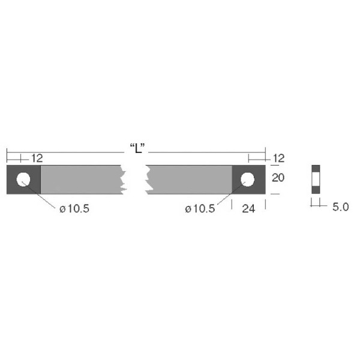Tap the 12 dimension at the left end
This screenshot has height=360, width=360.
[x=36, y=158]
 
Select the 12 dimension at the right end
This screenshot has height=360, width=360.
[x=278, y=158]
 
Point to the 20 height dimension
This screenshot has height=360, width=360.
[x=278, y=178]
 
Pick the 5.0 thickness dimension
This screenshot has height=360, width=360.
[x=340, y=206]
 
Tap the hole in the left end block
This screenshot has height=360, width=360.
[x=23, y=179]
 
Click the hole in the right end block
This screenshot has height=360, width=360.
[x=248, y=179]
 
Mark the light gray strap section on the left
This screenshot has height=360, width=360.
[x=81, y=179]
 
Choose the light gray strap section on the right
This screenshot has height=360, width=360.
[x=189, y=179]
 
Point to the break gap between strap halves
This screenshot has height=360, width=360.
[x=135, y=179]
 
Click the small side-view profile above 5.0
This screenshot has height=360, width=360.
[x=316, y=179]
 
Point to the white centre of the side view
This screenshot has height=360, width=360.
[x=316, y=179]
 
